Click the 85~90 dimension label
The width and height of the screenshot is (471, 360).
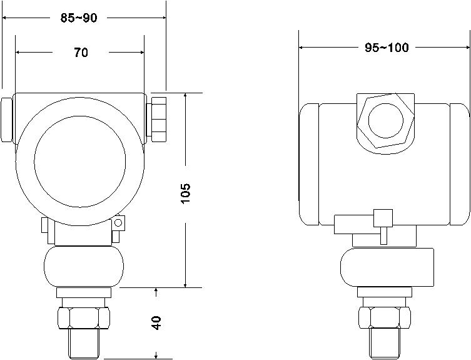click(79, 18)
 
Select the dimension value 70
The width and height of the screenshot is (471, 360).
click(81, 53)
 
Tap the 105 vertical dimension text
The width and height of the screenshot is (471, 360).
click(186, 193)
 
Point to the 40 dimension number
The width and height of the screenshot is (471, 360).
click(156, 322)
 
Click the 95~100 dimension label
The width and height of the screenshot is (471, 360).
click(387, 48)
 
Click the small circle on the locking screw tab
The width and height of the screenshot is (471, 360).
click(118, 222)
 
